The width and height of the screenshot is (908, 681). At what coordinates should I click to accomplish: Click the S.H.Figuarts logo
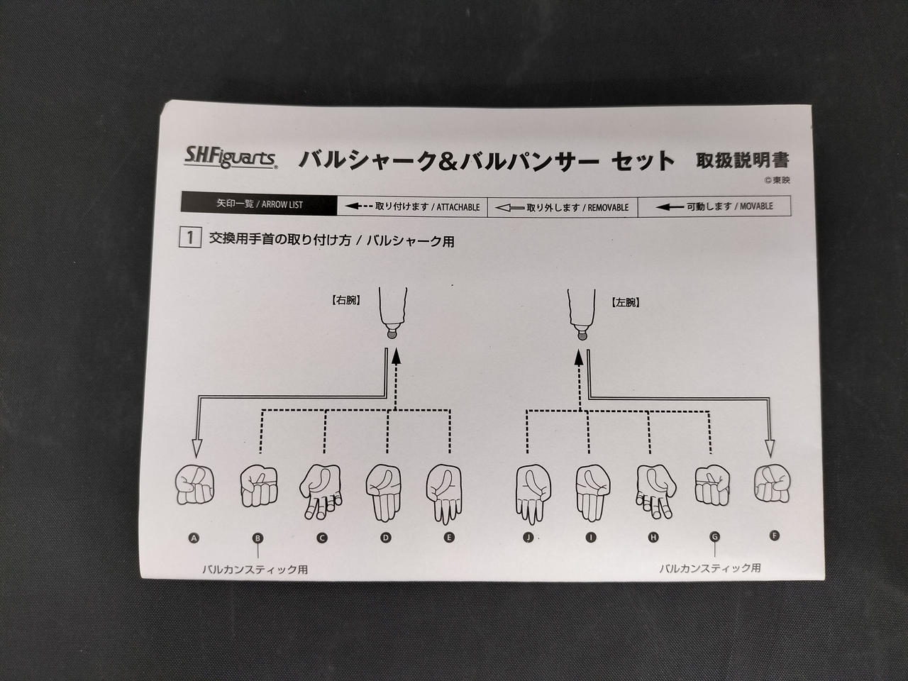pos(231,157)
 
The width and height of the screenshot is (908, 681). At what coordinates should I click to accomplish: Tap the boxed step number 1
pos(190,238)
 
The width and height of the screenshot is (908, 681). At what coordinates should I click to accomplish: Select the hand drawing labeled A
pos(194,485)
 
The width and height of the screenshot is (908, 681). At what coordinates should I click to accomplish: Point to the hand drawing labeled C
pos(321,492)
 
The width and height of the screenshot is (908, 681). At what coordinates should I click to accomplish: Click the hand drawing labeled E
pos(444,494)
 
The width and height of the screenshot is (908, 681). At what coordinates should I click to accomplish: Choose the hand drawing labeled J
pos(533,494)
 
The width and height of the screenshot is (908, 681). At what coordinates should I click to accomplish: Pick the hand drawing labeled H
pos(656,491)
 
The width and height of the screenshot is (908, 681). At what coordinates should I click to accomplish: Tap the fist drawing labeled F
pos(772,485)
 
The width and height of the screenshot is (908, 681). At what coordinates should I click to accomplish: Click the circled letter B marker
pos(258,538)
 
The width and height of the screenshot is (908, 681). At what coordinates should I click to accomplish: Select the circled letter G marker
pos(714,536)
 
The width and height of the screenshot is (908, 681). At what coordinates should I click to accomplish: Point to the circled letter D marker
pos(385,538)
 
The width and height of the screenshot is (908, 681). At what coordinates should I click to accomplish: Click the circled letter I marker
pos(591,537)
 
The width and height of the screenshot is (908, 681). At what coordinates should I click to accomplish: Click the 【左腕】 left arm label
pos(626,303)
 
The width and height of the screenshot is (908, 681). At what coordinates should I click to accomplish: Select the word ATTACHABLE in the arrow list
pos(458,207)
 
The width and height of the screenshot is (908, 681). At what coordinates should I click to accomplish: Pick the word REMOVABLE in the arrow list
pos(608,208)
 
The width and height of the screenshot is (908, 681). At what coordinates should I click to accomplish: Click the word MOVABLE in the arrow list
pos(756,206)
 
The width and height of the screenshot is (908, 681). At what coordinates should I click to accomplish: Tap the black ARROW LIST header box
pos(259,204)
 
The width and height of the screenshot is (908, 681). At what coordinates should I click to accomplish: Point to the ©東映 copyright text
pos(777,180)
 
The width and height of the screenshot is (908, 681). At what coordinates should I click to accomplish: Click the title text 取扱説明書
pos(743,160)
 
